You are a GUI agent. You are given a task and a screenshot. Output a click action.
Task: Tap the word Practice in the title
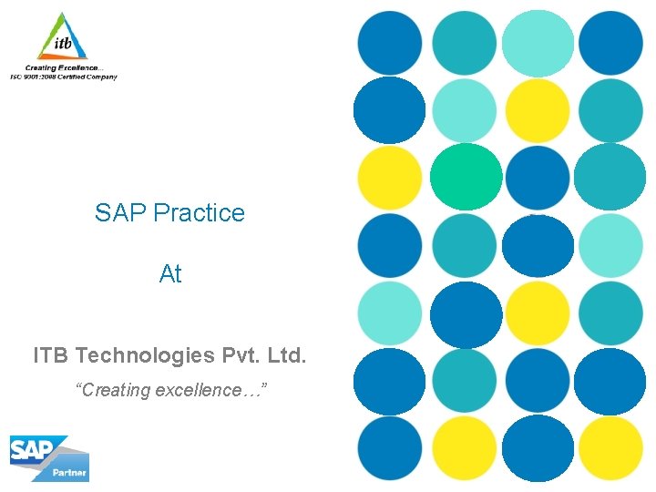199,213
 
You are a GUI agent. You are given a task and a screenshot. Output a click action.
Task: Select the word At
170,274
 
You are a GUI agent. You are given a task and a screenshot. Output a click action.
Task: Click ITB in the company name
52,354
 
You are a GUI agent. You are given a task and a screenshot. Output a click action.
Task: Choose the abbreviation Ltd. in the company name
288,354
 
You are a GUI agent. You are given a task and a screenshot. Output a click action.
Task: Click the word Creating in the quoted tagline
115,390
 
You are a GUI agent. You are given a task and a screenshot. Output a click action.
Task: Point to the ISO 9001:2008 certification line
64,77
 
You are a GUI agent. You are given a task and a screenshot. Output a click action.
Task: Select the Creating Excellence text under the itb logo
64,68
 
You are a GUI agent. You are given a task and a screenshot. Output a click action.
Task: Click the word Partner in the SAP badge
70,473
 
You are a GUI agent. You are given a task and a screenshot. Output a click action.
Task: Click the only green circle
466,177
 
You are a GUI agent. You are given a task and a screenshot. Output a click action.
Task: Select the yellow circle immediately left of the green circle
390,177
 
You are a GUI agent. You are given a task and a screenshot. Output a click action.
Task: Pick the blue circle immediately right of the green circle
538,177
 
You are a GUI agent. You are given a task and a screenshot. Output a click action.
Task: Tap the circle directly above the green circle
465,110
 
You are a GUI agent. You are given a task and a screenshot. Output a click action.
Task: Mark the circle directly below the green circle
465,245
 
